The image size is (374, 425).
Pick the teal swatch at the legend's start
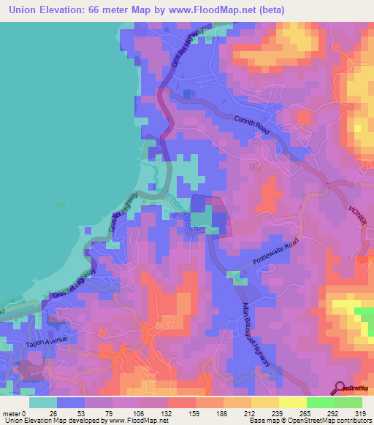pos(43,402)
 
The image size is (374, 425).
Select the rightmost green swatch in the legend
pos(349,402)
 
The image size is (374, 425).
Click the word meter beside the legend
pos(14,413)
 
